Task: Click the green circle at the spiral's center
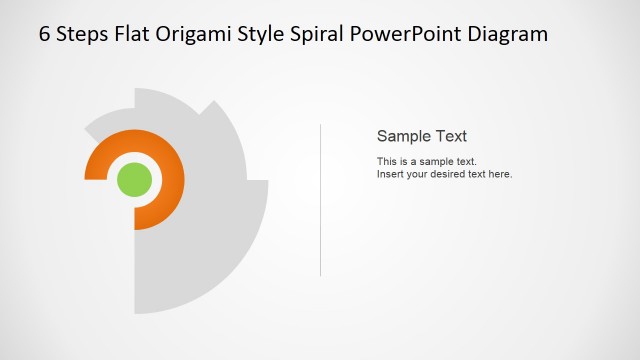[134, 180]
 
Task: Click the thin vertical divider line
[320, 200]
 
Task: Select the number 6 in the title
[45, 34]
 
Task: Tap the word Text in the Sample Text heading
[451, 136]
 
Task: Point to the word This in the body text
[387, 161]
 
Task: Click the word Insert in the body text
[391, 174]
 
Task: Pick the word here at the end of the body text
[500, 174]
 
